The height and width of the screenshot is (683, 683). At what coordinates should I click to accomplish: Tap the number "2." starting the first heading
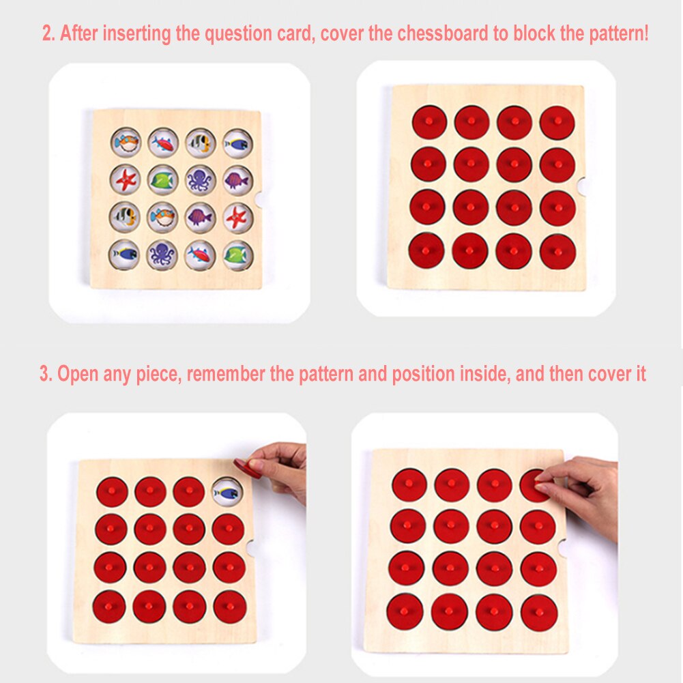48,34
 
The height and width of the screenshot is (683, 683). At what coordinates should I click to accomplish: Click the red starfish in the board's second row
126,180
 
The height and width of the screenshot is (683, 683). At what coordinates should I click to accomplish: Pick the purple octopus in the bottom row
163,255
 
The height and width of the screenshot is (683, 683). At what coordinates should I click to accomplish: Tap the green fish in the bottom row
237,255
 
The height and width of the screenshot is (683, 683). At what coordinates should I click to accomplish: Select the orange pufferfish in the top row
126,143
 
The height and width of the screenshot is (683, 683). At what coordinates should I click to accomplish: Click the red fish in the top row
163,143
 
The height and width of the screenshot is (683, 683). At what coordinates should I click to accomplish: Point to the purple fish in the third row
200,217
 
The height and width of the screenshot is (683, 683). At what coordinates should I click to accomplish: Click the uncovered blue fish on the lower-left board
228,491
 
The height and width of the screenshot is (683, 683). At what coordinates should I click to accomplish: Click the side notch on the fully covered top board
581,185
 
